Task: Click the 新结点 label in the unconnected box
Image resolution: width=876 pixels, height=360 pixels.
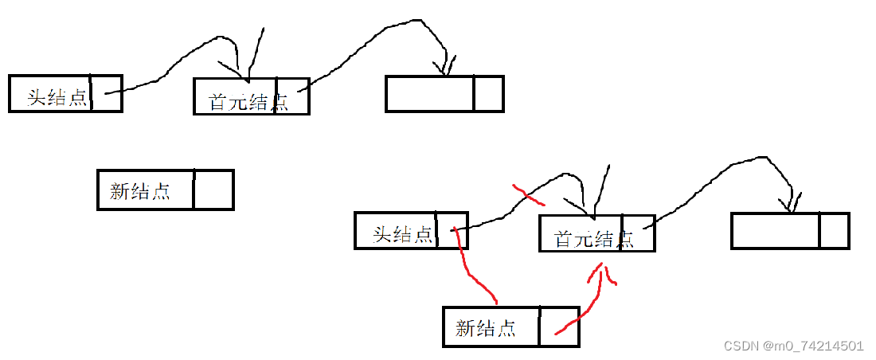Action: (x=140, y=191)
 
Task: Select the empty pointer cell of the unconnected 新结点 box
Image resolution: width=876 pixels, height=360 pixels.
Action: (x=213, y=190)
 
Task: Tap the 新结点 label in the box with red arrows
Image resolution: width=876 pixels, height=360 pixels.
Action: (x=486, y=327)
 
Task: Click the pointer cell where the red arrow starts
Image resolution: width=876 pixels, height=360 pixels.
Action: (x=559, y=327)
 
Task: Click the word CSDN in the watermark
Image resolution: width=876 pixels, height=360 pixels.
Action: (x=740, y=346)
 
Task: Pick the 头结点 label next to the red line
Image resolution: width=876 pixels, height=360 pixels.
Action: (x=403, y=234)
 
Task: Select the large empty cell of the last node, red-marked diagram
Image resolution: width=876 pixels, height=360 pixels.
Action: (x=775, y=231)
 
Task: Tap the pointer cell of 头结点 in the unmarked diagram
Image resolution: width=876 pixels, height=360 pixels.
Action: (x=106, y=93)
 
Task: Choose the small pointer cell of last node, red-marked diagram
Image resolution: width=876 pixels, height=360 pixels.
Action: (x=834, y=231)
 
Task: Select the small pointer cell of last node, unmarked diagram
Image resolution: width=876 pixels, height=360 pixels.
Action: (x=488, y=94)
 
